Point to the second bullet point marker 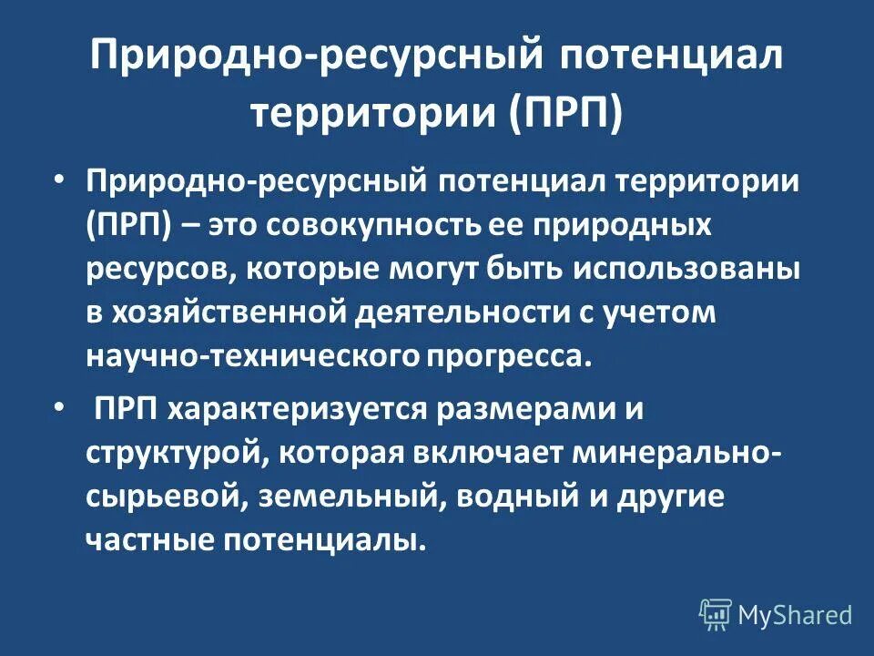[59, 408]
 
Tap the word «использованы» [685, 269]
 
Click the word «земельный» [352, 497]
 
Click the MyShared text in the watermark [795, 615]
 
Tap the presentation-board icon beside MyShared [716, 615]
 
